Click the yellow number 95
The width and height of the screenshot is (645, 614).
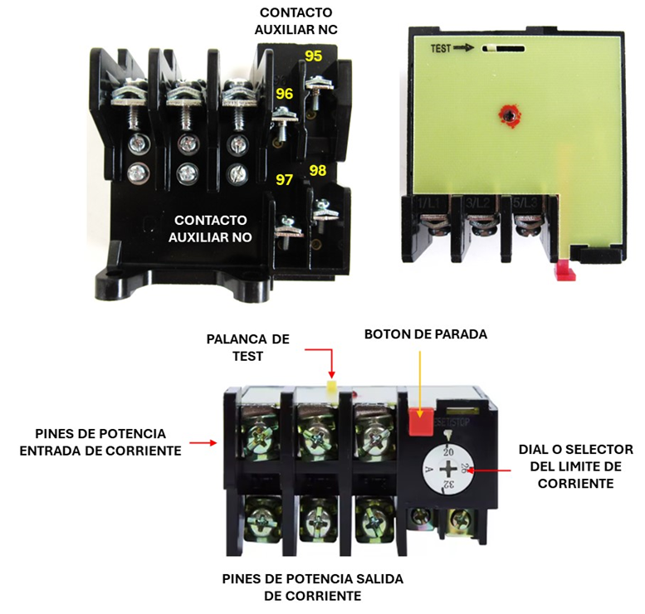(x=313, y=56)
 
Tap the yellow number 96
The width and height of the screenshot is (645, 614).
(x=284, y=94)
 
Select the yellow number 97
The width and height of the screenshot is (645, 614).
(x=284, y=179)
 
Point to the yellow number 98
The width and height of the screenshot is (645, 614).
(x=317, y=170)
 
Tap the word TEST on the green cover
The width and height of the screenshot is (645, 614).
(x=441, y=49)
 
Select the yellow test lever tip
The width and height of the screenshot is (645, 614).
(x=331, y=387)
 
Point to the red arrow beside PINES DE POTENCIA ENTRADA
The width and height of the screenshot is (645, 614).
(x=203, y=443)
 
